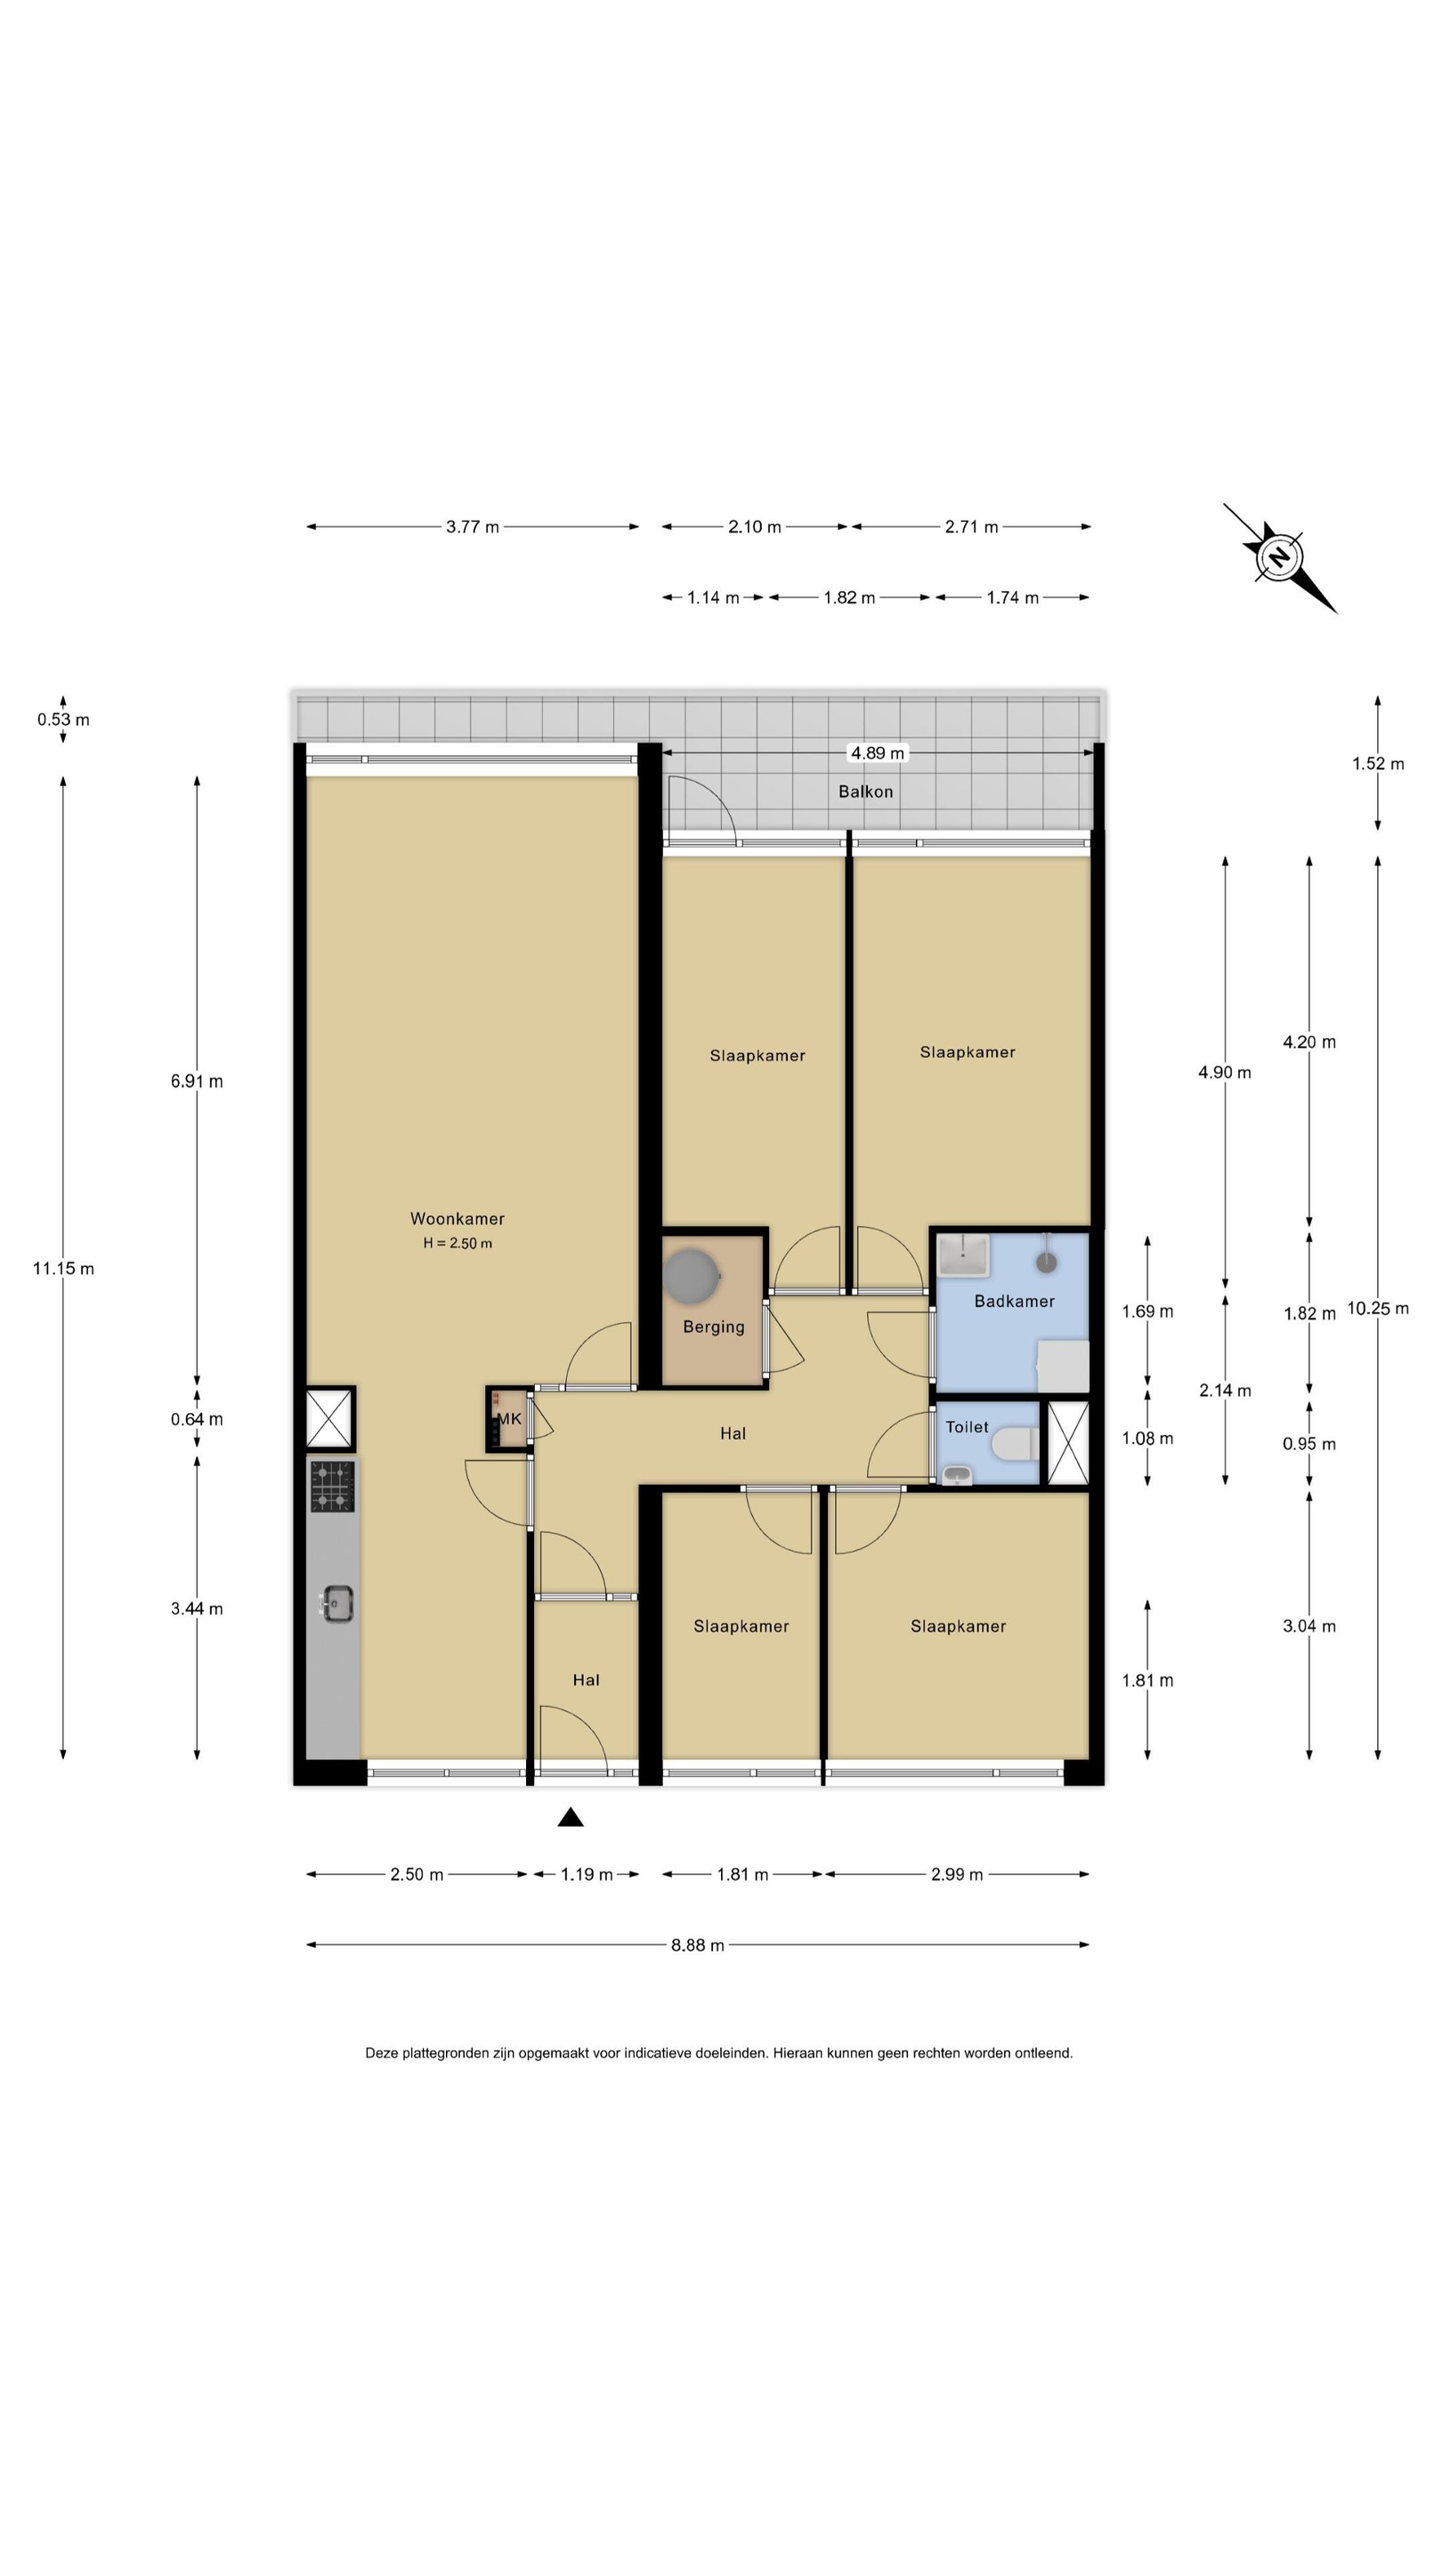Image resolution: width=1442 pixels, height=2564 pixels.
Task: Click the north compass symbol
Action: pos(1279,557)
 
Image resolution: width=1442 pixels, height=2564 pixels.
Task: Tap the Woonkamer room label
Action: pos(457,1218)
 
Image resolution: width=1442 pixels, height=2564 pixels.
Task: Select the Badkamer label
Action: pos(1014,1301)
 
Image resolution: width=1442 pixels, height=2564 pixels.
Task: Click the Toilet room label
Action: pos(967,1427)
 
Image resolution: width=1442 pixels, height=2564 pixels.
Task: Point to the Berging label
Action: pos(714,1327)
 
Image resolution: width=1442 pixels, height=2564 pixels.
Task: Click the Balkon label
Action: pos(866,791)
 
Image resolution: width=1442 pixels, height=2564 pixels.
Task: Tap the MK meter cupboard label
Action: pos(509,1419)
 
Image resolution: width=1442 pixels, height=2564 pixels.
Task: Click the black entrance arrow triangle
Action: pos(571,1817)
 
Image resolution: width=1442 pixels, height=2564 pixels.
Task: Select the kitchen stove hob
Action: pos(331,1487)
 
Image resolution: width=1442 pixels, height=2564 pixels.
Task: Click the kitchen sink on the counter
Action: pos(336,1603)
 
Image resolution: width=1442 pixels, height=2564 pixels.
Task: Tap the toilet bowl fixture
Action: pos(1015,1444)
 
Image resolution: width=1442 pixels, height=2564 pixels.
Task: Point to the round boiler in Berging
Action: pos(692,1275)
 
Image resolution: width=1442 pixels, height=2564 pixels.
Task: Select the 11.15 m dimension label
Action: pos(64,1268)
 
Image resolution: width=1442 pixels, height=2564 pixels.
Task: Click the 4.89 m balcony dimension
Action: pos(877,753)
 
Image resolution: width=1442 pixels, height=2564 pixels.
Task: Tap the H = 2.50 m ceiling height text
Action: pos(458,1243)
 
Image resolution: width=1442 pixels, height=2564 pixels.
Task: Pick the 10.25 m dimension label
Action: pos(1378,1308)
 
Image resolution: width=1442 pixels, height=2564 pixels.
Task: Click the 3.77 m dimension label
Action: pos(473,526)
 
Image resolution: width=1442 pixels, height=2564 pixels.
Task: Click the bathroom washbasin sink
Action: pos(964,1256)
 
